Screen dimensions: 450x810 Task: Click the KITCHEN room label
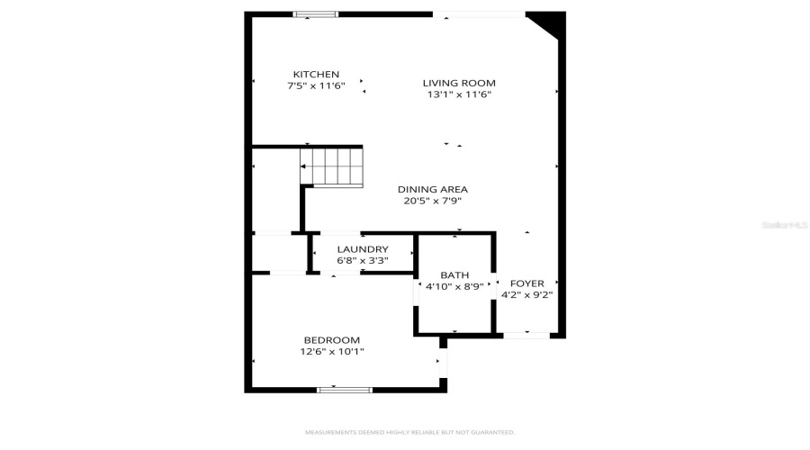tap(315, 74)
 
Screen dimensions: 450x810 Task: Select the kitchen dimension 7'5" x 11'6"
tap(315, 85)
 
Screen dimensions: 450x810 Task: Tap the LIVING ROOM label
tap(459, 83)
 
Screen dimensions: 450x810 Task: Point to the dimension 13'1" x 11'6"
tap(459, 94)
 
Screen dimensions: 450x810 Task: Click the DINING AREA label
tap(433, 189)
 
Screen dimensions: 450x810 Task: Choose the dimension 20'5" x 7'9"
tap(433, 201)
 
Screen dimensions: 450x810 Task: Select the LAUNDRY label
tap(363, 249)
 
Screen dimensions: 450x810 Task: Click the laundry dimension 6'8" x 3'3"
tap(363, 261)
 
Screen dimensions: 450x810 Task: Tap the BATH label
tap(454, 274)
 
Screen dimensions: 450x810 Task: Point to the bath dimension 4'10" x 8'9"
tap(454, 286)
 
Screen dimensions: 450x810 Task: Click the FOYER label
tap(526, 283)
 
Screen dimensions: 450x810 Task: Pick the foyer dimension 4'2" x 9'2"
tap(526, 294)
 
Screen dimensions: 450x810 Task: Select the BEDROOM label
tap(331, 339)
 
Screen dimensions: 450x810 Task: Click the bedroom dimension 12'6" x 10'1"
tap(331, 351)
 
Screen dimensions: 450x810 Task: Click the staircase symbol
tap(331, 168)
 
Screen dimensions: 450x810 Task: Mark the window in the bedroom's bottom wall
tap(344, 390)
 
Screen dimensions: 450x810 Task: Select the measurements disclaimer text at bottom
tap(409, 432)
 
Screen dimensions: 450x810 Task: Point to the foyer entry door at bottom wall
tap(526, 336)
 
